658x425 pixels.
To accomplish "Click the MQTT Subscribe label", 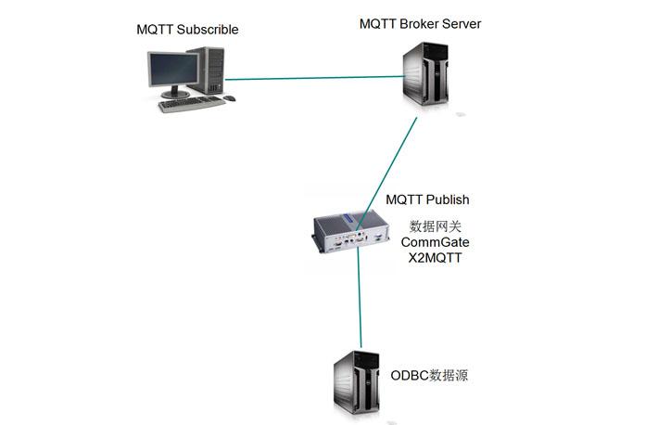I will (187, 30).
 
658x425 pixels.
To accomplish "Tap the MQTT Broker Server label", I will (420, 24).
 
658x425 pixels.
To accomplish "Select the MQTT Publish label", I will (427, 200).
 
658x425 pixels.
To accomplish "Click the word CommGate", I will (436, 242).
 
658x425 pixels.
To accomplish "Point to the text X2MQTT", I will (436, 258).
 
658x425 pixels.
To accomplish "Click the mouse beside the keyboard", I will (229, 97).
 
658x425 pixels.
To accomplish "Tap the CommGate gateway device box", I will (351, 231).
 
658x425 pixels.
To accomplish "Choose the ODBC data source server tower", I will (358, 385).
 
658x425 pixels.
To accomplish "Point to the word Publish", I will (447, 200).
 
